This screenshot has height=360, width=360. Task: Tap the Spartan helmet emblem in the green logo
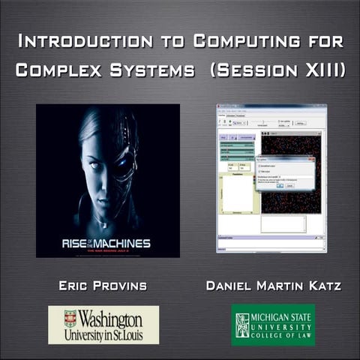(242, 324)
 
